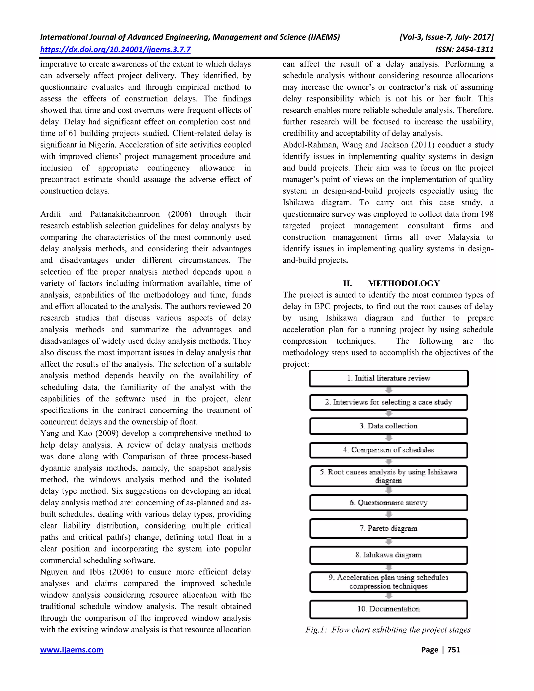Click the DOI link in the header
click(x=115, y=49)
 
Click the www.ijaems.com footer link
click(x=71, y=650)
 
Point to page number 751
click(x=454, y=650)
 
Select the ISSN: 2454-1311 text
click(x=464, y=49)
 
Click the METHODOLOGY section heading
click(x=404, y=283)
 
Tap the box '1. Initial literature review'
click(x=389, y=378)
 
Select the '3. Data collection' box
click(x=389, y=426)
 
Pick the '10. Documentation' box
click(x=389, y=609)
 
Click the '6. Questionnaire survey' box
click(x=389, y=503)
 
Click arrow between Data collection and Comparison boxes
click(x=389, y=438)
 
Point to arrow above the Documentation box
click(x=389, y=596)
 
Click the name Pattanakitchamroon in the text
click(x=125, y=214)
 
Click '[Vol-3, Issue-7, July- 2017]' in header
click(x=446, y=37)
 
